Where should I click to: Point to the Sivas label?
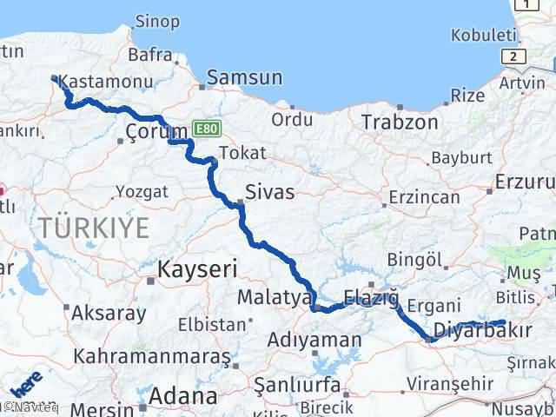(269, 191)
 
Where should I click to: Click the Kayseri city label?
(197, 270)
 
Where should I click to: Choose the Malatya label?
(275, 298)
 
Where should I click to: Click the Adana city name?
(182, 397)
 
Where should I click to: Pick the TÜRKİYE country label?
(94, 228)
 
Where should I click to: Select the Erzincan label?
(424, 198)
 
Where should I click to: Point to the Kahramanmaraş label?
(152, 356)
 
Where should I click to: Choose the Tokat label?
(236, 153)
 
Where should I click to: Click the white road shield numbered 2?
(518, 56)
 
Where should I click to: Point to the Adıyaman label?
(314, 339)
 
